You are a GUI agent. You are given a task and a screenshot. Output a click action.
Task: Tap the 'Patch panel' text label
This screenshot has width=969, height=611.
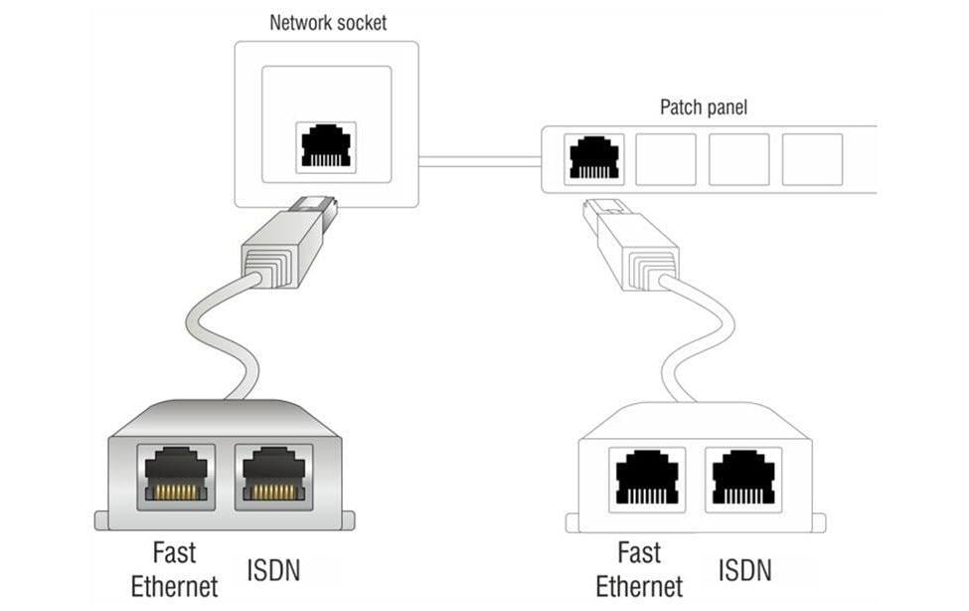pyautogui.click(x=703, y=107)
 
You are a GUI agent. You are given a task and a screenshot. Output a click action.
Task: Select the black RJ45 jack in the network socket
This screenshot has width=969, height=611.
pyautogui.click(x=326, y=146)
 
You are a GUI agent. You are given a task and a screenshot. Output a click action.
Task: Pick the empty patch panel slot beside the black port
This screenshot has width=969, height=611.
pyautogui.click(x=665, y=159)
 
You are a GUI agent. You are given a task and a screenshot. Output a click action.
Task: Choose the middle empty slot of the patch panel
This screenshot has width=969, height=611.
pyautogui.click(x=738, y=159)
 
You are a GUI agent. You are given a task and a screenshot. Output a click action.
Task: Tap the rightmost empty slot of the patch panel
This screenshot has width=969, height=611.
pyautogui.click(x=812, y=159)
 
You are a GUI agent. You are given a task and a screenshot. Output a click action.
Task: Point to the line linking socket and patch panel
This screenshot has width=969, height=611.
pyautogui.click(x=479, y=158)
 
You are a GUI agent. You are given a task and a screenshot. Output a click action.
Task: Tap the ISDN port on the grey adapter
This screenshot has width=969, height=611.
pyautogui.click(x=271, y=473)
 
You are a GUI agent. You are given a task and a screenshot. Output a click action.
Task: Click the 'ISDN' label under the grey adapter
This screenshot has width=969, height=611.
pyautogui.click(x=272, y=570)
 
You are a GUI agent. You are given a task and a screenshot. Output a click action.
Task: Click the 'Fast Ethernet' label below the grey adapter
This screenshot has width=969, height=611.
pyautogui.click(x=174, y=569)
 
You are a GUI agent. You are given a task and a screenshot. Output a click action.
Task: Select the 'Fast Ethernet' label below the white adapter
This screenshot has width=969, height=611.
pyautogui.click(x=639, y=569)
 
